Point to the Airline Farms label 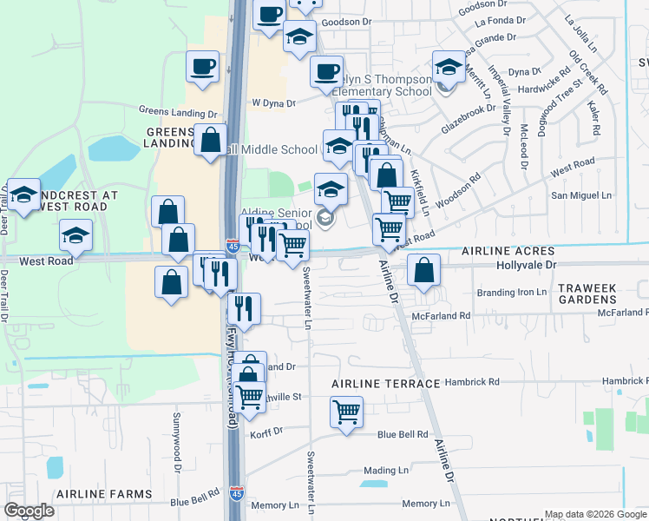103,493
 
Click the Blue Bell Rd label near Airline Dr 403,434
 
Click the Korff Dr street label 266,432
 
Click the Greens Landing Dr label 178,113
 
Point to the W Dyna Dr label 273,102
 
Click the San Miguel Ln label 582,195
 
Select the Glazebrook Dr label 469,124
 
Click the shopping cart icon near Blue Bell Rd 346,411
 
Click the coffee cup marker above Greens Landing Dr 202,67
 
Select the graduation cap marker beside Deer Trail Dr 23,195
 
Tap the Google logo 29,511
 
